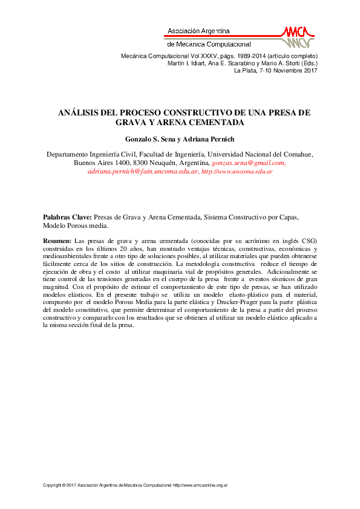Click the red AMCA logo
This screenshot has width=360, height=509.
pyautogui.click(x=299, y=36)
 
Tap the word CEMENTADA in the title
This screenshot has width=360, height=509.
pyautogui.click(x=218, y=122)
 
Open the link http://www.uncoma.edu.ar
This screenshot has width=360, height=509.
pyautogui.click(x=237, y=172)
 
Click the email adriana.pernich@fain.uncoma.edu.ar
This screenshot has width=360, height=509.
pyautogui.click(x=143, y=172)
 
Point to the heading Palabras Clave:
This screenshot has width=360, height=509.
pyautogui.click(x=67, y=216)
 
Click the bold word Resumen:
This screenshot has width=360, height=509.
pyautogui.click(x=57, y=241)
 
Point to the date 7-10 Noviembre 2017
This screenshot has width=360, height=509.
pyautogui.click(x=285, y=70)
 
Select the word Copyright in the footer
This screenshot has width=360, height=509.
pyautogui.click(x=53, y=485)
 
